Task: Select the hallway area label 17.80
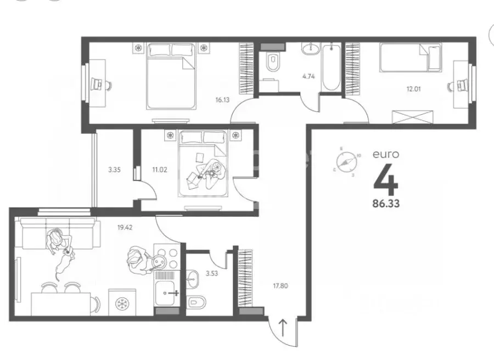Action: click(281, 285)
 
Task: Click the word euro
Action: click(386, 155)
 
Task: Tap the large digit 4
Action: click(386, 179)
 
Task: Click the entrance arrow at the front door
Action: click(283, 328)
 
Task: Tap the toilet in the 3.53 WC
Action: click(196, 302)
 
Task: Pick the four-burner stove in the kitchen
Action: click(167, 258)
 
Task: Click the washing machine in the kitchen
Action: click(121, 303)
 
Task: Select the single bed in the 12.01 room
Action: click(411, 57)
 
